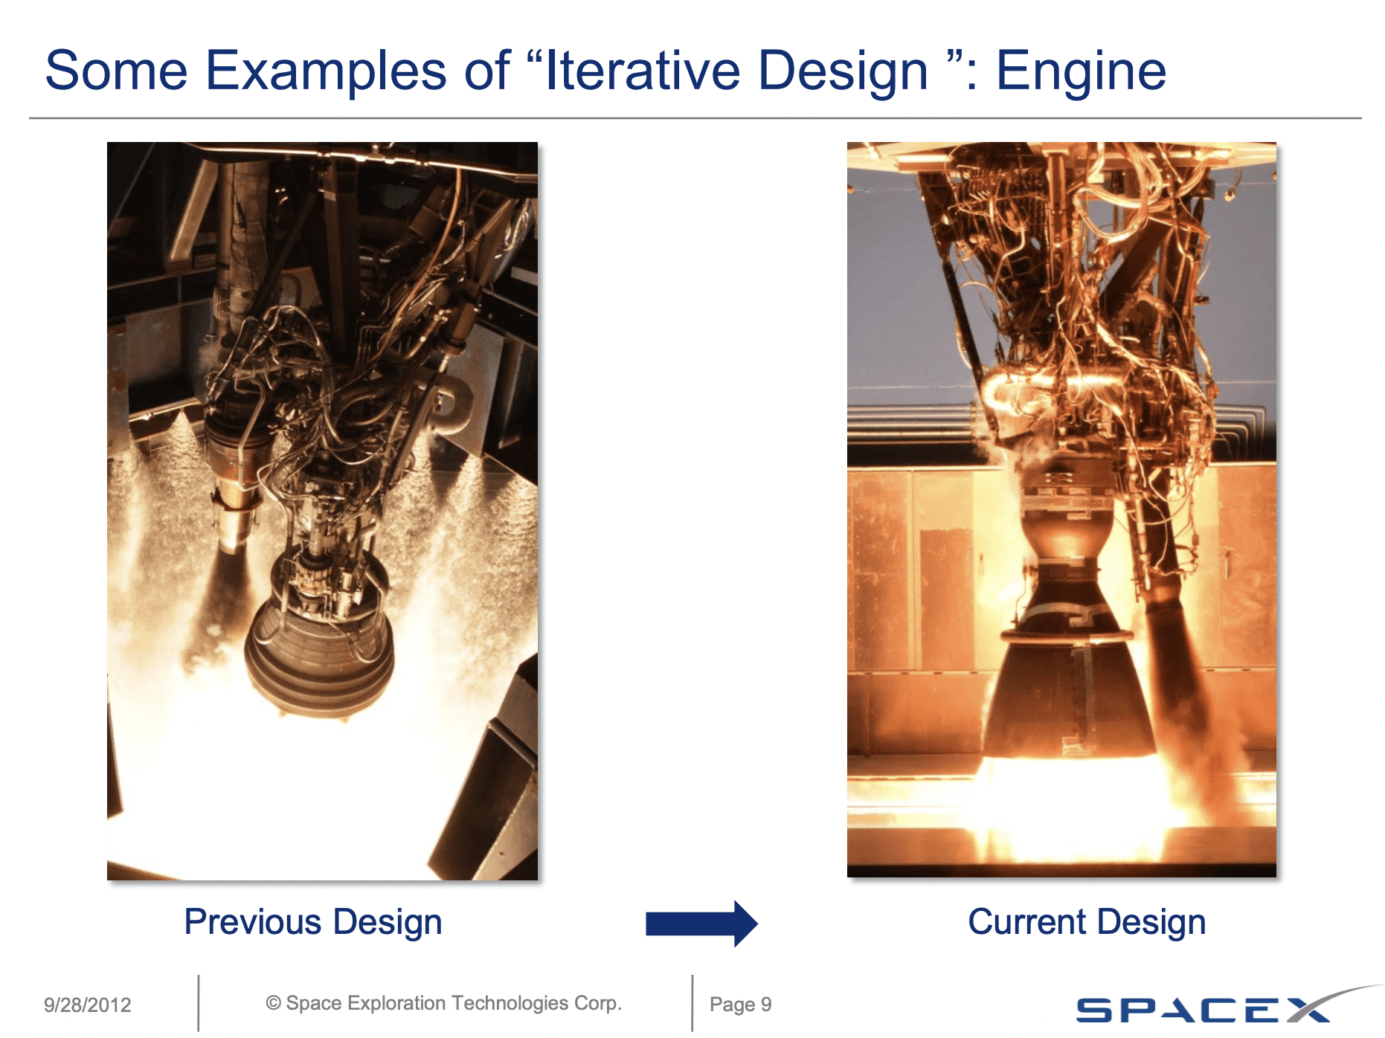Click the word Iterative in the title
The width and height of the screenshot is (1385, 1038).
[643, 71]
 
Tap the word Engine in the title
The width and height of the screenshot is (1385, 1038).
[1081, 71]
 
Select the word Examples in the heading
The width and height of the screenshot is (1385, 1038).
[325, 71]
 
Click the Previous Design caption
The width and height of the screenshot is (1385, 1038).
[313, 922]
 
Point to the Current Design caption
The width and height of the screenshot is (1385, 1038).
[1087, 922]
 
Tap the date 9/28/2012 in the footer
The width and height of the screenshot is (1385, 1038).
[87, 1005]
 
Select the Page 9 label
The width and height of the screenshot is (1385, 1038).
[740, 1005]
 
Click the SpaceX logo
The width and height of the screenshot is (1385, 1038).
[1205, 1008]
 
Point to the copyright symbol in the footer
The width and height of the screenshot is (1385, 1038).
[273, 1003]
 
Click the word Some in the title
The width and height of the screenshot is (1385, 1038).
[117, 71]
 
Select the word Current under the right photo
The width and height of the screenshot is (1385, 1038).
[1027, 922]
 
